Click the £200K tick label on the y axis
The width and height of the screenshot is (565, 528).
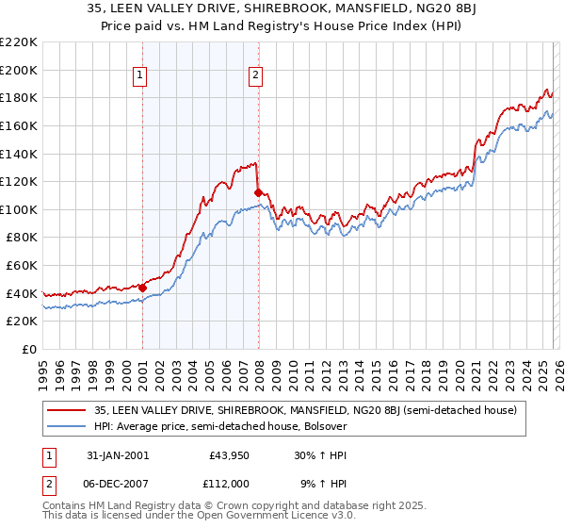(18, 70)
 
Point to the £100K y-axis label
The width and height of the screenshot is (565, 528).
(18, 209)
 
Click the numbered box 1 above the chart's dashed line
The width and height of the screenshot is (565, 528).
(140, 76)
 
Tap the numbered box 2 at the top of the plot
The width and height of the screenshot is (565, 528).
(256, 76)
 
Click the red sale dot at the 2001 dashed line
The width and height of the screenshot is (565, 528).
(142, 288)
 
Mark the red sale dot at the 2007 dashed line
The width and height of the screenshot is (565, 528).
(257, 192)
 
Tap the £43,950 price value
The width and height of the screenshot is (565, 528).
(228, 454)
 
